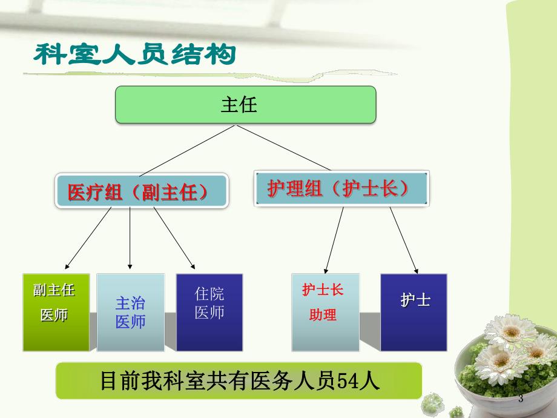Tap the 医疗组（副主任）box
pos(143,192)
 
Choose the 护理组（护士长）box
pos(341,189)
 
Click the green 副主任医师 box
pos(56,312)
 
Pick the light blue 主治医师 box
pos(130,312)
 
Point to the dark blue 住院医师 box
pos(209,312)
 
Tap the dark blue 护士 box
pos(414,312)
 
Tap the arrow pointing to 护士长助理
pos(334,239)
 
